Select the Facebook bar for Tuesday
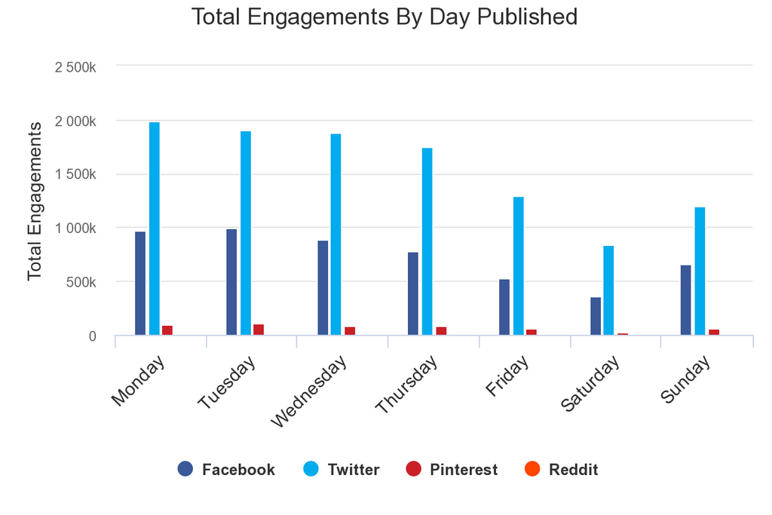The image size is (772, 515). [231, 282]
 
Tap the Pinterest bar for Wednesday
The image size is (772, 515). [350, 330]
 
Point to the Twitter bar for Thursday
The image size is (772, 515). [427, 241]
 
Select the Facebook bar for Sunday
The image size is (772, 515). [685, 299]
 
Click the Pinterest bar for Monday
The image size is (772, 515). [167, 330]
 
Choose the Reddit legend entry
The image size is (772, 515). [561, 470]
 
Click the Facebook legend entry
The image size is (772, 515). [226, 470]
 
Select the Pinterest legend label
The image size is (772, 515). [464, 470]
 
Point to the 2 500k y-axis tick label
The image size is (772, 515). [75, 67]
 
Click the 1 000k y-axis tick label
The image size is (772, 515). [75, 228]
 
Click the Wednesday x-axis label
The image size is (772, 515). [309, 391]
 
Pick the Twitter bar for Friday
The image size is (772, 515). [519, 265]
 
